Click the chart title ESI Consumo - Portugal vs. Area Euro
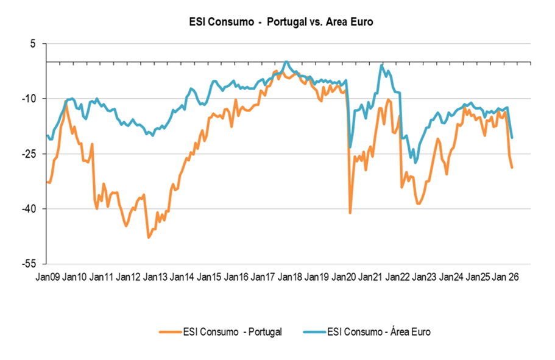281,22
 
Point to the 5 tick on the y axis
33,43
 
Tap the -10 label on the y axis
29,99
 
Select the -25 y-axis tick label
29,154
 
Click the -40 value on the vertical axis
29,209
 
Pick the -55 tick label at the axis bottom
29,264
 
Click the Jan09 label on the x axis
48,277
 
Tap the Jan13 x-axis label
155,277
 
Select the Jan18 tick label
289,277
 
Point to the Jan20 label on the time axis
344,277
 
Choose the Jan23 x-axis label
424,277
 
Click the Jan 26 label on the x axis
506,277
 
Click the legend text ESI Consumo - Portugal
232,332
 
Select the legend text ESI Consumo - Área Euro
379,332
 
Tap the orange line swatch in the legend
171,332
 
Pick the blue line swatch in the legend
314,332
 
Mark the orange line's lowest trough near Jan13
148,238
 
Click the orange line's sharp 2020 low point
350,213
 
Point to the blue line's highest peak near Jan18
286,62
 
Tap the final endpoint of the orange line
512,168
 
